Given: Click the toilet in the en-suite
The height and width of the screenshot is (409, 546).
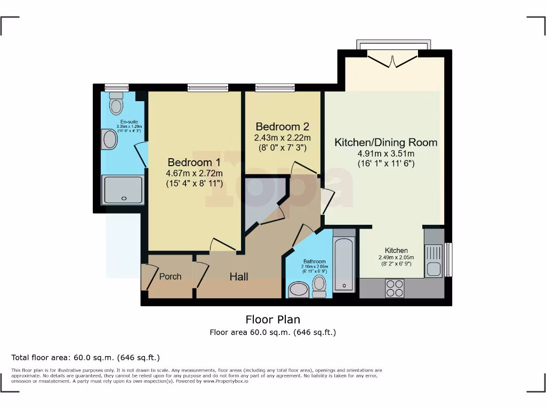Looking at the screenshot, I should (116, 104).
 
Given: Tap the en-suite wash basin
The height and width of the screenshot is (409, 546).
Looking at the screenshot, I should (109, 140).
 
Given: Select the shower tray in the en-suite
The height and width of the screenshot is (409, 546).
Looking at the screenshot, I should (123, 190).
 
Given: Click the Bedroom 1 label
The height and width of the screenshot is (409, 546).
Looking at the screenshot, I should (194, 162).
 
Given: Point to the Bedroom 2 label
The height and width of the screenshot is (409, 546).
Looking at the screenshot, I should (282, 127).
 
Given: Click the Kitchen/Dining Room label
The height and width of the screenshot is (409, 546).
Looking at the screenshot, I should (386, 143).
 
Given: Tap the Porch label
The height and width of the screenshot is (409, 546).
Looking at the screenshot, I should (170, 276).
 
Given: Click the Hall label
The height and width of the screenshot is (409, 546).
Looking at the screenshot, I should (238, 277).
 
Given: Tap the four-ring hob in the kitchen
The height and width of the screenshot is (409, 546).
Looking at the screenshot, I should (395, 288).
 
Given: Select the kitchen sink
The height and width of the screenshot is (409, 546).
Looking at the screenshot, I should (433, 261).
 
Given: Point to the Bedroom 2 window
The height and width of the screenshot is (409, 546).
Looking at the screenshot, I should (275, 88).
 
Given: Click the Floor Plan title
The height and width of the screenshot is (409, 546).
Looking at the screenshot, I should (272, 320).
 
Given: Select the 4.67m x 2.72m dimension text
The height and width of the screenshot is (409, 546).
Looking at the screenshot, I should (194, 173).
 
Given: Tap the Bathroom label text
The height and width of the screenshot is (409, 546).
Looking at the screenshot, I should (315, 261).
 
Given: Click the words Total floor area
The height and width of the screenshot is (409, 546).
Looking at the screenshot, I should (37, 357).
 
